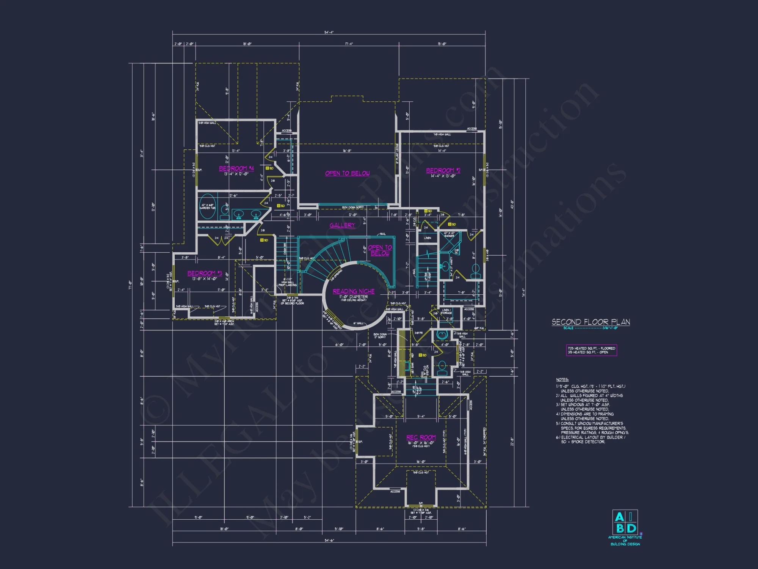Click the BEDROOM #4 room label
pyautogui.click(x=236, y=168)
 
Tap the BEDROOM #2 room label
pyautogui.click(x=443, y=171)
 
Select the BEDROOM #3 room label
pyautogui.click(x=205, y=273)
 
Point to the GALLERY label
pyautogui.click(x=342, y=225)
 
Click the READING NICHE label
pyautogui.click(x=354, y=291)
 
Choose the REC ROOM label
pyautogui.click(x=421, y=437)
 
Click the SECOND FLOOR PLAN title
pyautogui.click(x=590, y=322)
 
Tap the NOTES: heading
pyautogui.click(x=562, y=380)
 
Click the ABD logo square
pyautogui.click(x=625, y=522)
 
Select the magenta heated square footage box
pyautogui.click(x=591, y=350)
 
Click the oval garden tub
pyautogui.click(x=207, y=206)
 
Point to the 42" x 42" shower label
pyautogui.click(x=449, y=234)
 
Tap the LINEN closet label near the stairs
pyautogui.click(x=428, y=238)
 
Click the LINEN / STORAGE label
pyautogui.click(x=446, y=311)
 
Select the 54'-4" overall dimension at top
pyautogui.click(x=329, y=33)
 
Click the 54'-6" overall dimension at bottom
pyautogui.click(x=329, y=540)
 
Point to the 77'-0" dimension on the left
pyautogui.click(x=130, y=284)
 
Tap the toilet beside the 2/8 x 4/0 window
pyautogui.click(x=475, y=270)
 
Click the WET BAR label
pyautogui.click(x=412, y=367)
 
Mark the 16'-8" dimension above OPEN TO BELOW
pyautogui.click(x=347, y=151)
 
